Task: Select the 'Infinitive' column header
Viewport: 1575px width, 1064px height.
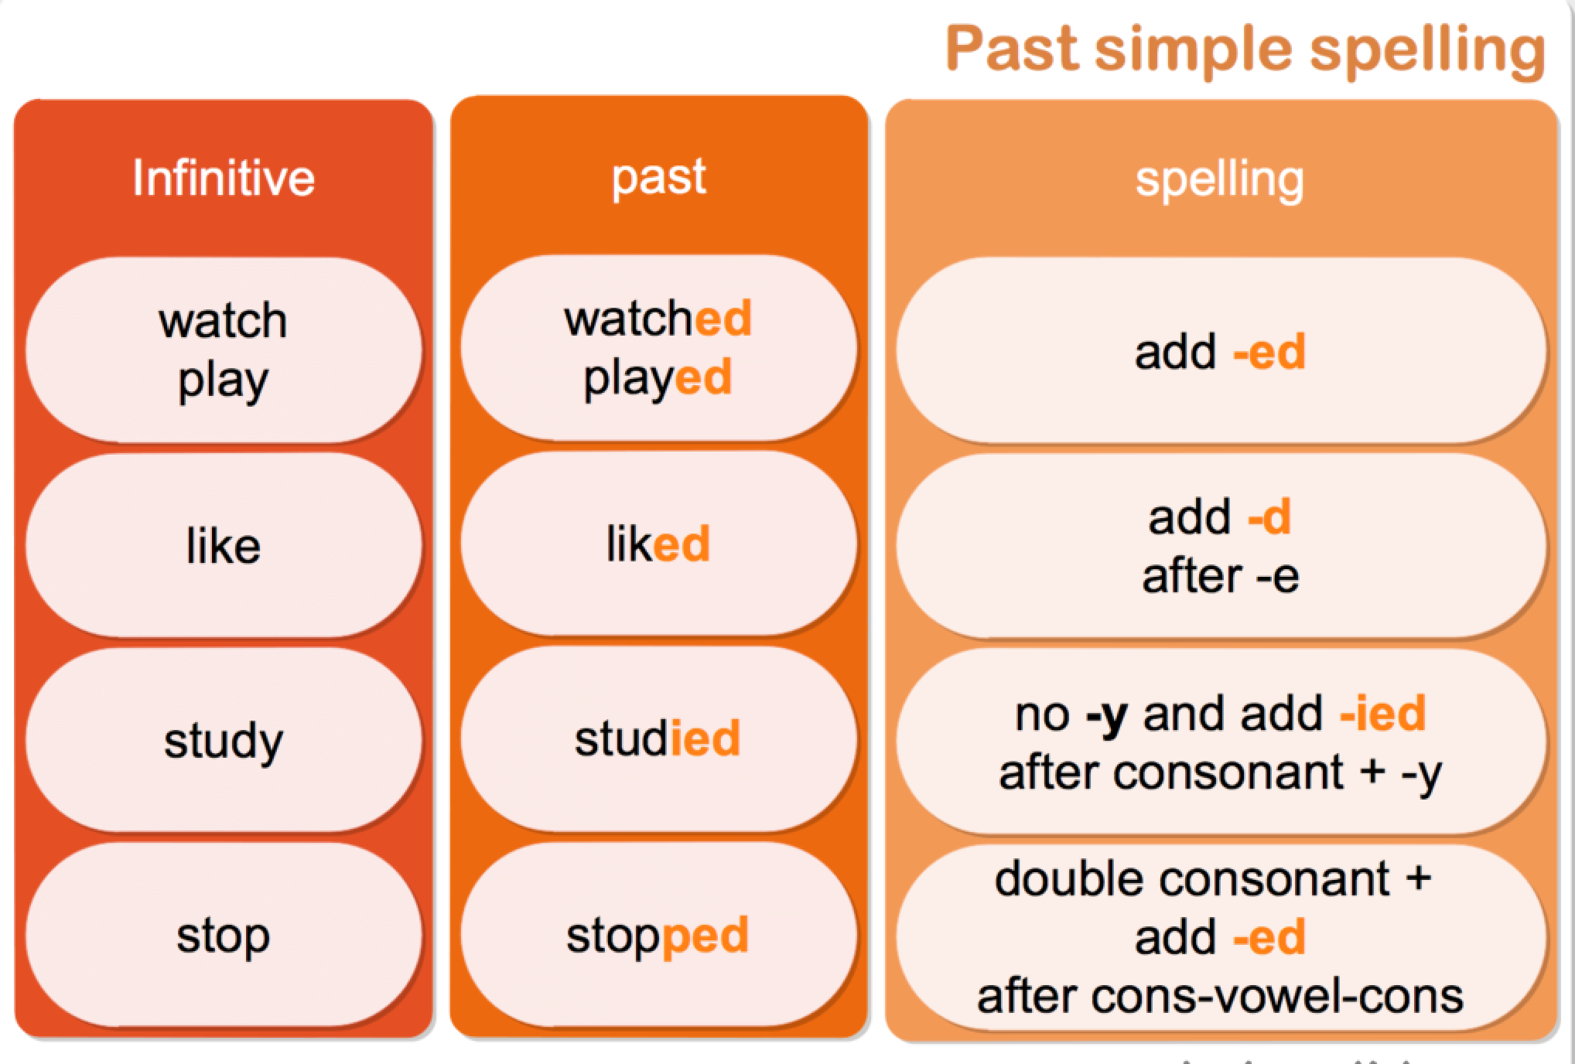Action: pos(224,178)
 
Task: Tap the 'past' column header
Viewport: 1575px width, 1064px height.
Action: pos(658,178)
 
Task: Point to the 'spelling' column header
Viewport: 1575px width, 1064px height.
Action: pos(1219,179)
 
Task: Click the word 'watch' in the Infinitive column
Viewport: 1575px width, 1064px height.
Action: pos(223,321)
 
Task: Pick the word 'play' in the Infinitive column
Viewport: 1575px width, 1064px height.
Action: pos(223,380)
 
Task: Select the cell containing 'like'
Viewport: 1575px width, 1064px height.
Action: pos(223,546)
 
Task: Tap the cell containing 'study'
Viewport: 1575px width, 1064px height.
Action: pos(223,741)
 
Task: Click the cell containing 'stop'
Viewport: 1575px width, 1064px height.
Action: pos(223,936)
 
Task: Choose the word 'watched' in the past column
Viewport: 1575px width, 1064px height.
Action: pos(658,319)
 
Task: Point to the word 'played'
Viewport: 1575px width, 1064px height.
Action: pos(658,379)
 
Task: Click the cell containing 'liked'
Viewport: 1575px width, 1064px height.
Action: pos(658,544)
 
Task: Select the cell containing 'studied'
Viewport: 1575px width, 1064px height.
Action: pos(658,738)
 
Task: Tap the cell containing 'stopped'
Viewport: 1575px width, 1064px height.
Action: pos(658,936)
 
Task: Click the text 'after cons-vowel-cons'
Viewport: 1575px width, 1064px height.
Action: pos(1220,996)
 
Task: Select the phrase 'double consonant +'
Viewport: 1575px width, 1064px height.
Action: pos(1213,879)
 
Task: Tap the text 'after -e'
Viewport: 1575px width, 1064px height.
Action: pos(1220,576)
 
